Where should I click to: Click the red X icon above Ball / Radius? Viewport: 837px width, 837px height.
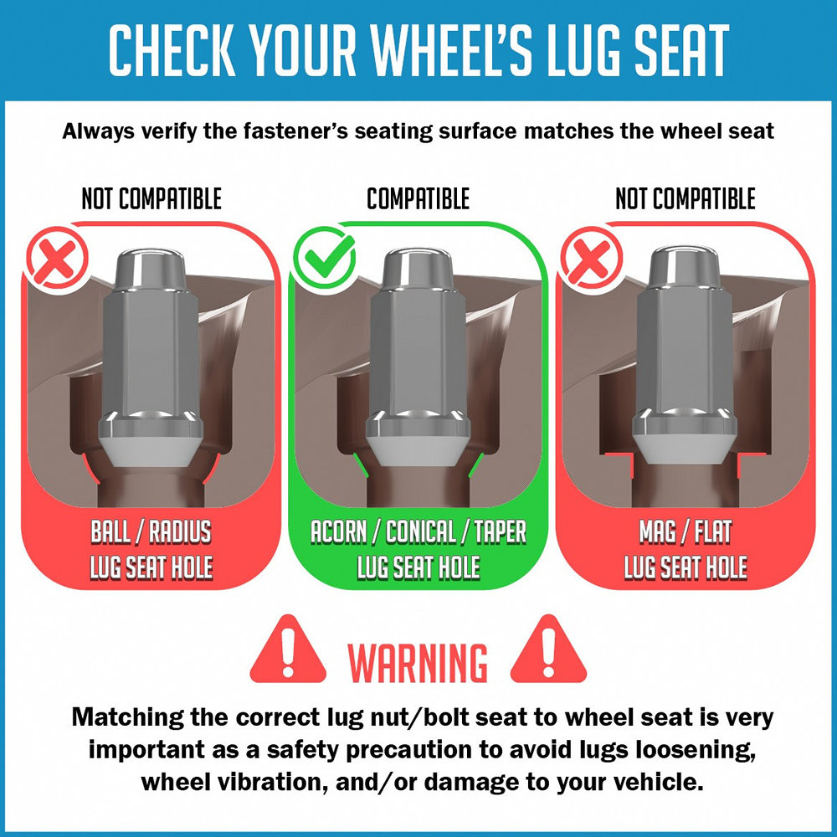(x=57, y=259)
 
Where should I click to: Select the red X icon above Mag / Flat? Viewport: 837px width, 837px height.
(x=591, y=259)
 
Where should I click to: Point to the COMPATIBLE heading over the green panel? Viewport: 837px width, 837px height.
(x=418, y=198)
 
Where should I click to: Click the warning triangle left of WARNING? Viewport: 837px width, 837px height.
(x=288, y=650)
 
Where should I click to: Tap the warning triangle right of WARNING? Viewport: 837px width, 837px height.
(x=548, y=650)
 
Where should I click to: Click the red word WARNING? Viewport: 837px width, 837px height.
(x=418, y=662)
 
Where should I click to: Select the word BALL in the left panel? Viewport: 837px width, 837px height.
(x=110, y=531)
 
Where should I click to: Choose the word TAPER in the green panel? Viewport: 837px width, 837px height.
(x=501, y=531)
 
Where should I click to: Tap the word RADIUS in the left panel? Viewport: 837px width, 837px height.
(x=180, y=531)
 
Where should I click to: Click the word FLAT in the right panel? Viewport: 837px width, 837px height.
(x=713, y=531)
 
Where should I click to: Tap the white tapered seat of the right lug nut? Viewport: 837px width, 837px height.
(x=685, y=449)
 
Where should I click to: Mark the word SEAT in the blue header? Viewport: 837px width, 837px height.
(x=681, y=49)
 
